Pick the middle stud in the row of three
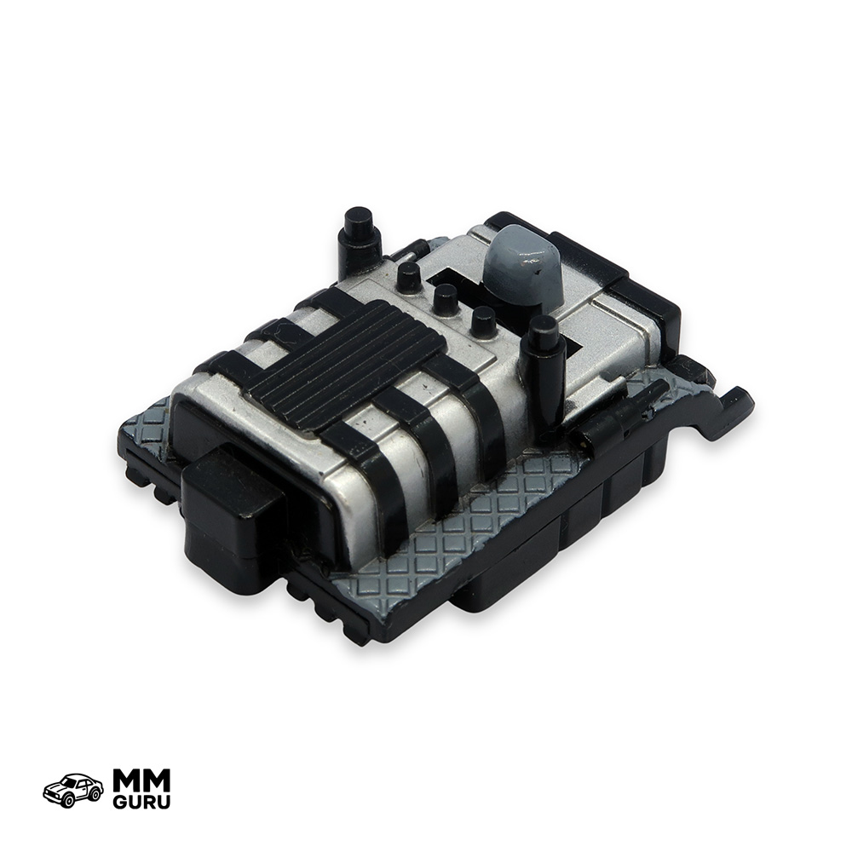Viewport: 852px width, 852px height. click(446, 298)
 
